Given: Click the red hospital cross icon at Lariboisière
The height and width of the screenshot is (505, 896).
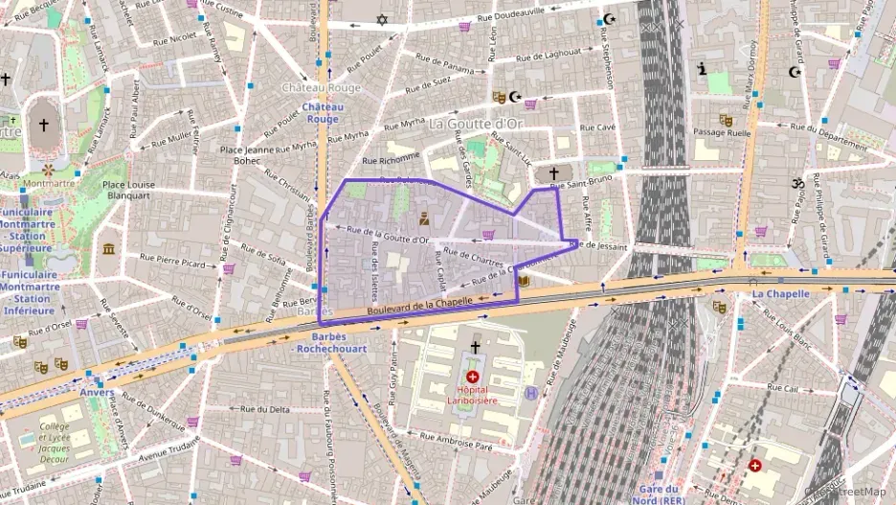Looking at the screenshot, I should click(x=473, y=377).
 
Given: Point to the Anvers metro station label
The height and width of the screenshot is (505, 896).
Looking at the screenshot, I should click(x=97, y=392).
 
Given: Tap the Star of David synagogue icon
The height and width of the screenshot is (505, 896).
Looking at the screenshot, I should click(x=383, y=19).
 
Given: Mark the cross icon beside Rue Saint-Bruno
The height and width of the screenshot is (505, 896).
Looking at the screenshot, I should click(x=552, y=172).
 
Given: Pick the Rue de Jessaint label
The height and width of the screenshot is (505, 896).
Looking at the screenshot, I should click(x=599, y=246).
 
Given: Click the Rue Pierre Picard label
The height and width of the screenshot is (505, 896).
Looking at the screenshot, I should click(x=172, y=259).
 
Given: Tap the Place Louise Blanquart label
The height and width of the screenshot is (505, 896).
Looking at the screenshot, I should click(x=128, y=191).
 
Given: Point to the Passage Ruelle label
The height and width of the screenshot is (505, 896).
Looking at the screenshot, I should click(x=722, y=133).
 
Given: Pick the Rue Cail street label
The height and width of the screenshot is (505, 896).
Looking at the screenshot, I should click(x=782, y=389).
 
